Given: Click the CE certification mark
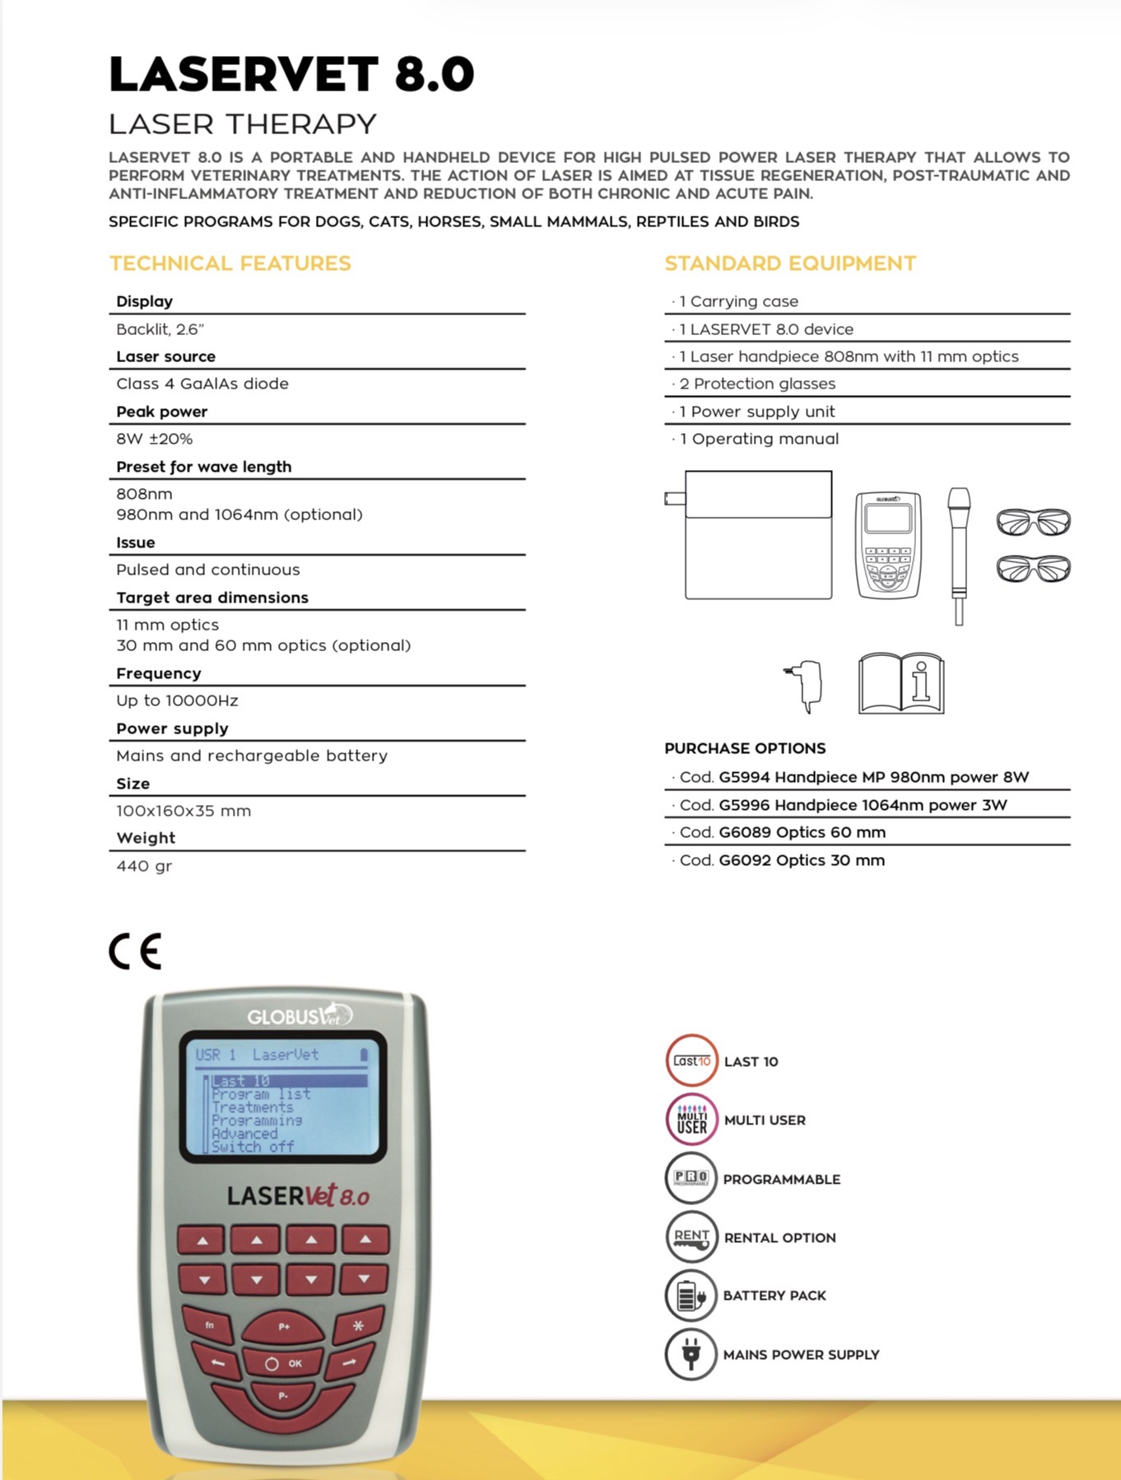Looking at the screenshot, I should (x=135, y=952).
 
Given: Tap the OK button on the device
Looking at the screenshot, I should (x=284, y=1364).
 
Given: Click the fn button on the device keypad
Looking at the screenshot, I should (x=210, y=1324).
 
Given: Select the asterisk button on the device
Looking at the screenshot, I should (x=358, y=1325).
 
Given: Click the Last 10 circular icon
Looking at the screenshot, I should (x=691, y=1061).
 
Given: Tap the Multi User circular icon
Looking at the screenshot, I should (x=691, y=1120).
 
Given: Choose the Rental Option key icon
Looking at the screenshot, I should (x=691, y=1238).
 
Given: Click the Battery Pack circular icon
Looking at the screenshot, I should (x=691, y=1296).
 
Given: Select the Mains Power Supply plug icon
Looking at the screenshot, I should (x=691, y=1354).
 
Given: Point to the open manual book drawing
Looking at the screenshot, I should (x=901, y=684).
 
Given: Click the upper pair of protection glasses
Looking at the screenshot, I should (x=1034, y=521).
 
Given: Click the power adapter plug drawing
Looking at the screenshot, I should (x=805, y=685).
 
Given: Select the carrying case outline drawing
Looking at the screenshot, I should (x=758, y=534).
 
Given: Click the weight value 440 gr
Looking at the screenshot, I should (x=144, y=866).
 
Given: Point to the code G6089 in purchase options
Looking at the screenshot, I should (x=744, y=832).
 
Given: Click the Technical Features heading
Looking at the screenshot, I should (x=230, y=263).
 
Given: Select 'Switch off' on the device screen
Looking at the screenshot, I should (x=253, y=1147).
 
